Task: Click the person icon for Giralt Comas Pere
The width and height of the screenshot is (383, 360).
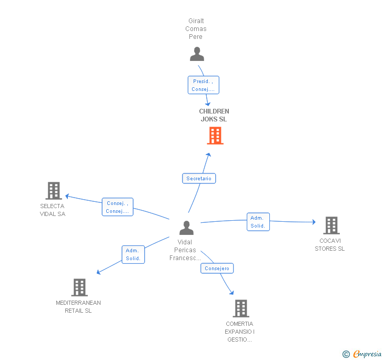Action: [197, 54]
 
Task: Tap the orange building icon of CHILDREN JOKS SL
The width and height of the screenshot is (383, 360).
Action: [215, 136]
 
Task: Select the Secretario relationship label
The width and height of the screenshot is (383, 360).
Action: [199, 179]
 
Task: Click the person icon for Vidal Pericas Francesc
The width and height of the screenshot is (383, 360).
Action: [186, 228]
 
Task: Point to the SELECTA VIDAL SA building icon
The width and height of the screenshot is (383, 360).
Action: [53, 190]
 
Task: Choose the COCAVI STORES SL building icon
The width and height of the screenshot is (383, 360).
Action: [331, 225]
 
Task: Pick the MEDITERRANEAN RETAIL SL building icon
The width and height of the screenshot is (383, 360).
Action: [79, 287]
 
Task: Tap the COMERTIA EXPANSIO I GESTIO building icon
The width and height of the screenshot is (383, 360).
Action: [240, 308]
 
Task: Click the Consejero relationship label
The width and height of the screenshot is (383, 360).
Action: [217, 269]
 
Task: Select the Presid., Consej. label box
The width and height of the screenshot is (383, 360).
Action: [203, 85]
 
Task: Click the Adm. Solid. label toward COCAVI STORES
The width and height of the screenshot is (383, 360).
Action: [258, 222]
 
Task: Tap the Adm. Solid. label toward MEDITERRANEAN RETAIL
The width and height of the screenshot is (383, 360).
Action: [133, 255]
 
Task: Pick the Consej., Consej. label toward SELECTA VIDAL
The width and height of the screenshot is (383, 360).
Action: [117, 207]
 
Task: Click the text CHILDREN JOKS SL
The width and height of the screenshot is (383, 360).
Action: [214, 115]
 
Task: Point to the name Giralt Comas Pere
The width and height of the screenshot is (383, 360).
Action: [196, 29]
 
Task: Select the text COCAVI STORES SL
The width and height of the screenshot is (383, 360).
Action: [330, 245]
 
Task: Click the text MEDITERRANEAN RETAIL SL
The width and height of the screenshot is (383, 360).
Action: [78, 306]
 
